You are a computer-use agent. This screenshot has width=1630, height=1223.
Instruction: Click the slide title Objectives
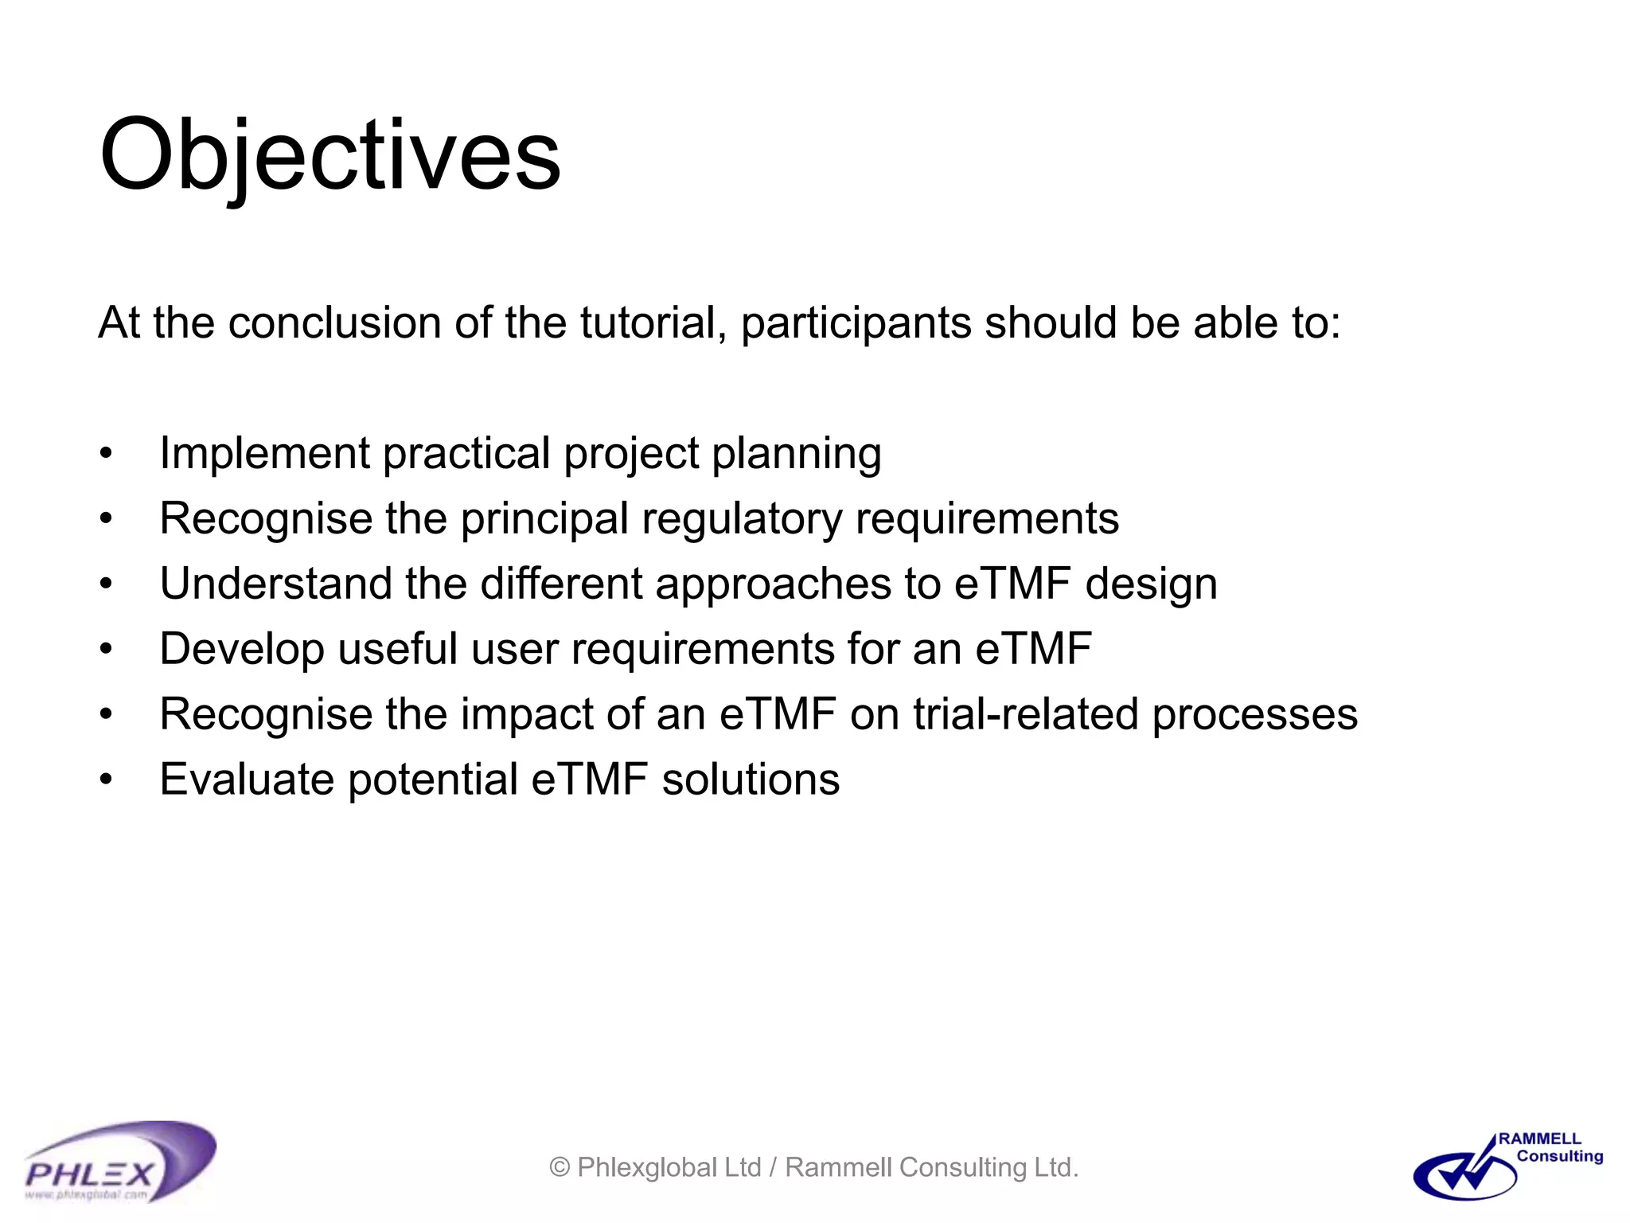coord(330,155)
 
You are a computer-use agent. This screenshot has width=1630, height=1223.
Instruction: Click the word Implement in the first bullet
coord(264,454)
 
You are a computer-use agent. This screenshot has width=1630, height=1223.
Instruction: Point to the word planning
coord(796,454)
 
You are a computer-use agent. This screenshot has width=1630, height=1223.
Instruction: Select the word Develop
coord(242,649)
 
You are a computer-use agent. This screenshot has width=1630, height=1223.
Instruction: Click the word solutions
coord(751,780)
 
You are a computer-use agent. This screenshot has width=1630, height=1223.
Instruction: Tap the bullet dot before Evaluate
coord(106,780)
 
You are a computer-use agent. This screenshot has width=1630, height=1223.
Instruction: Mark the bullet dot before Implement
coord(106,454)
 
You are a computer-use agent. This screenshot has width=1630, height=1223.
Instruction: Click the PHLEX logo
coord(119,1162)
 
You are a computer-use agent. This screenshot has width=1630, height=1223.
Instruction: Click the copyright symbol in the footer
coord(560,1168)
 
